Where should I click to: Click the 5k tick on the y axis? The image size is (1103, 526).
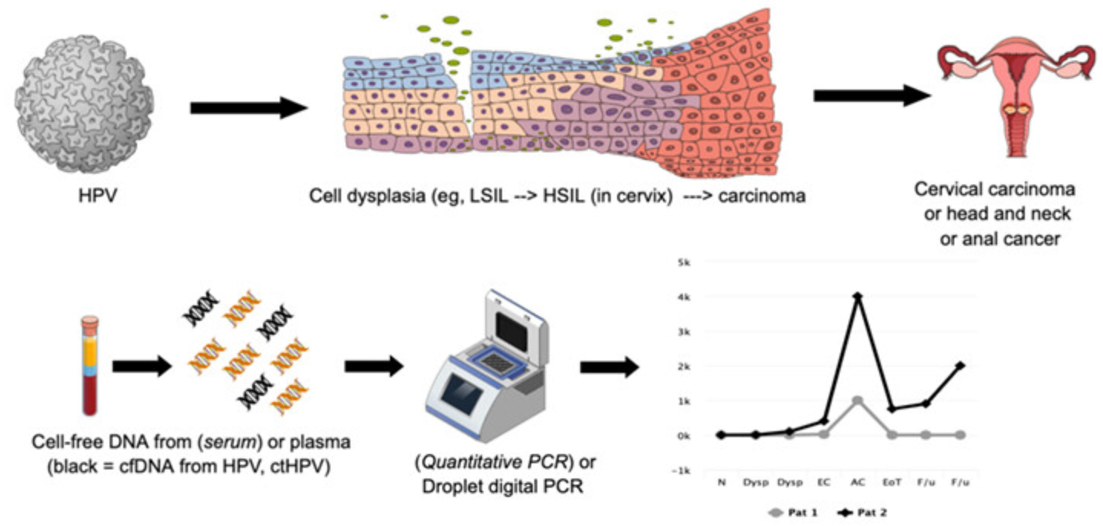(x=682, y=262)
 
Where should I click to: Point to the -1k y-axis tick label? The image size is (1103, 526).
(x=681, y=470)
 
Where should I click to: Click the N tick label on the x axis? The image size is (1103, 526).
(x=721, y=483)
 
